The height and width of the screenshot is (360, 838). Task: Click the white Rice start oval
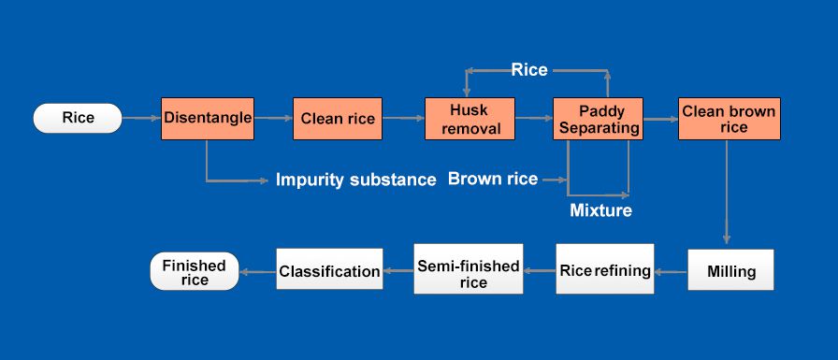coord(78,119)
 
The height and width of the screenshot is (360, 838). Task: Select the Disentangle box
coord(208,119)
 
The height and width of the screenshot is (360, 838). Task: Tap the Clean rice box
coord(338,119)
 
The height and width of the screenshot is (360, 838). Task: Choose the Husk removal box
coord(470,119)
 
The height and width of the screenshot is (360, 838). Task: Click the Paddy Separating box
coord(596,119)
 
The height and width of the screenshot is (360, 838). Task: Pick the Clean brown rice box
coord(728,119)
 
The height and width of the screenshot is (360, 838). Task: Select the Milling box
coord(731,272)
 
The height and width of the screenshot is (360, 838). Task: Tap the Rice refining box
coord(605,271)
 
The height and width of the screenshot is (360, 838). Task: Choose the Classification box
coord(329,272)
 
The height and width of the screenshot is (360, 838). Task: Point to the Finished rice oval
coord(195,272)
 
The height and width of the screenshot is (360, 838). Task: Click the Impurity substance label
coord(355,180)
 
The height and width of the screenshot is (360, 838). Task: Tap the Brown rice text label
coord(493,179)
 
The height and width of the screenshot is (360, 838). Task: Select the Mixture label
coord(600,210)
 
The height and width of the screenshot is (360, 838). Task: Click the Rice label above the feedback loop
coord(529,69)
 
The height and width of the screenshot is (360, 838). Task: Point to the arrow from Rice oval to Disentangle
coord(141,119)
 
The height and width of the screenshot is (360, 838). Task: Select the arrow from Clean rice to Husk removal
coord(403,119)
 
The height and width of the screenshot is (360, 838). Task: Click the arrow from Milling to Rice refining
coord(671,272)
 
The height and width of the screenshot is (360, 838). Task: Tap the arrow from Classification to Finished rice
coord(257,272)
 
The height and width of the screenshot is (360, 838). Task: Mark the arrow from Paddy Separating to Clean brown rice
coord(658,119)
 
